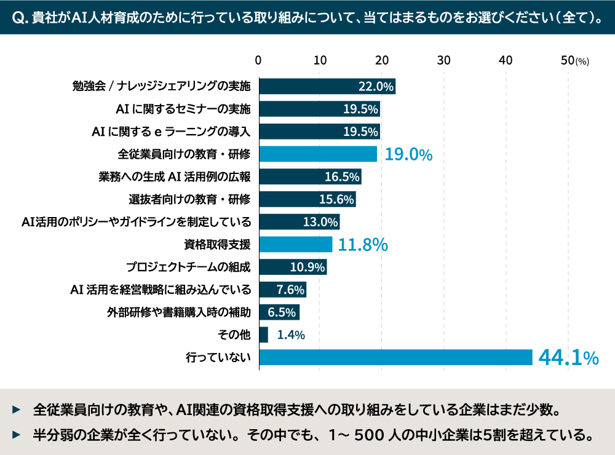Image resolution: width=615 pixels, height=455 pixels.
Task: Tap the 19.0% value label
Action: [408, 154]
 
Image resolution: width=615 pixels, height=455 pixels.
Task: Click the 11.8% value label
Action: [363, 245]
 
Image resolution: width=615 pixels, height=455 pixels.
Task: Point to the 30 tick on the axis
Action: [443, 60]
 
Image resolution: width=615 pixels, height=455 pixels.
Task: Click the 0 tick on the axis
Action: [259, 60]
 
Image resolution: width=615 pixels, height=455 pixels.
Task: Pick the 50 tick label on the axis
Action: [568, 60]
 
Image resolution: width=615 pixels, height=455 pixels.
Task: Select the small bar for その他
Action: [263, 335]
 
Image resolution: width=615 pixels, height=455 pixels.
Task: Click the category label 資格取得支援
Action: [217, 245]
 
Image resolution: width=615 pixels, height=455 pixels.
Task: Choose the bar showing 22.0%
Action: [327, 87]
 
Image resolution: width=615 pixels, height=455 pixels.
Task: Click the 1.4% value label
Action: [291, 335]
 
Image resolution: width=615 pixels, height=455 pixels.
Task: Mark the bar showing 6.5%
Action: [279, 312]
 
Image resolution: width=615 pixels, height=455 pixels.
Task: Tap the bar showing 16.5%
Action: [310, 177]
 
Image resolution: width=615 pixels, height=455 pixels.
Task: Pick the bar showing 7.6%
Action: [282, 290]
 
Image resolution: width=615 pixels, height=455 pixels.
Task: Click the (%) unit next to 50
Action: [582, 61]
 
